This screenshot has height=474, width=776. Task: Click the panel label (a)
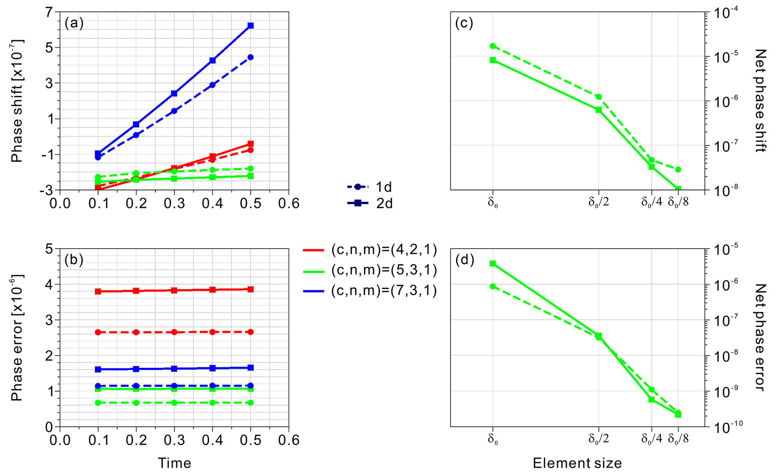click(x=74, y=24)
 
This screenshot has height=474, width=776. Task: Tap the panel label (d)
click(x=464, y=260)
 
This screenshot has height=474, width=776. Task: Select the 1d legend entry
click(x=370, y=187)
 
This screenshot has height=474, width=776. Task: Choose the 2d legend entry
click(x=370, y=203)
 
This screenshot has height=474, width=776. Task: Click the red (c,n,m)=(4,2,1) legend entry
click(x=370, y=250)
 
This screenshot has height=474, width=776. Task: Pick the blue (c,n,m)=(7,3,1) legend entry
click(x=370, y=291)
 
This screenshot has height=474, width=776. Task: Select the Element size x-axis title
click(x=577, y=463)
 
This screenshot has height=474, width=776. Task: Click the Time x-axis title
click(x=174, y=463)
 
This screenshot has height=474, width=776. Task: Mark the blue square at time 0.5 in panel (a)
click(x=250, y=26)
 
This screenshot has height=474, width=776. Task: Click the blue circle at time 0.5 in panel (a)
click(x=250, y=57)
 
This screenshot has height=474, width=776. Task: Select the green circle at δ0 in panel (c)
click(x=493, y=46)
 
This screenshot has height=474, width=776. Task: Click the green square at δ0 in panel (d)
click(x=493, y=264)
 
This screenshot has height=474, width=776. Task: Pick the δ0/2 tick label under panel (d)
click(x=598, y=439)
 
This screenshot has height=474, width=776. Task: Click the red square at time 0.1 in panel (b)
click(x=98, y=291)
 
